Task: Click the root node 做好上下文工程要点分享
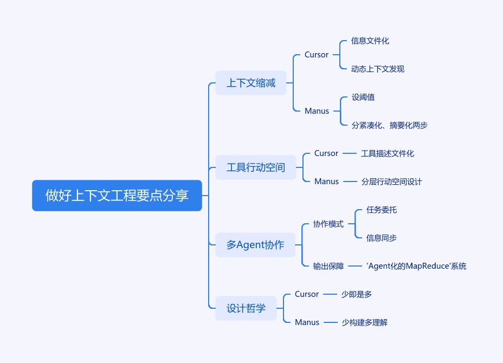(117, 196)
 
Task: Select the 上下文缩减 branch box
(251, 83)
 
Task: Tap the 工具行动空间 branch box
(256, 167)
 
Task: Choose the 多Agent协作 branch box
(255, 245)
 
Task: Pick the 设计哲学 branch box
(246, 308)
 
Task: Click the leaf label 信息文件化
(370, 41)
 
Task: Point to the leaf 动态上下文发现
(378, 69)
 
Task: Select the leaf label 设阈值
(363, 97)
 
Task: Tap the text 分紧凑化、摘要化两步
(390, 125)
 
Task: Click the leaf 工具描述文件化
(388, 153)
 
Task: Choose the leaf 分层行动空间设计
(391, 181)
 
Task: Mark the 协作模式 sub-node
(328, 224)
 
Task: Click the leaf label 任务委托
(382, 210)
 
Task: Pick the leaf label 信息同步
(382, 238)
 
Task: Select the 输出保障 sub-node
(328, 266)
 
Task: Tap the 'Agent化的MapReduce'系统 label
(416, 266)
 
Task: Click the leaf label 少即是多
(357, 294)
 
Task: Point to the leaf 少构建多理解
(365, 322)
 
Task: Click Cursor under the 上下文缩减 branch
(317, 55)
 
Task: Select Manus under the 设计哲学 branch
(307, 322)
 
